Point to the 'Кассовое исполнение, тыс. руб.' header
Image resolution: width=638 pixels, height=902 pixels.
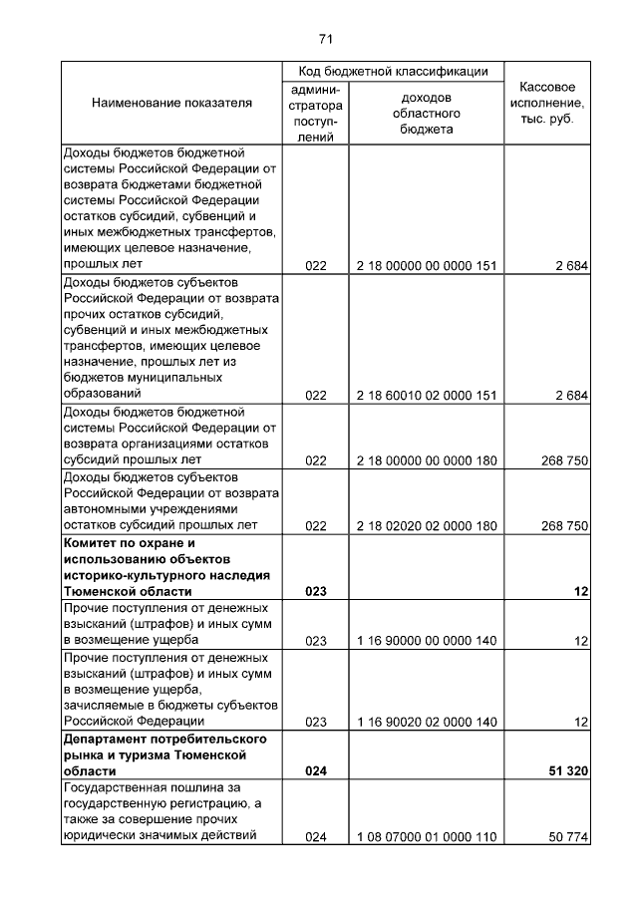pos(547,103)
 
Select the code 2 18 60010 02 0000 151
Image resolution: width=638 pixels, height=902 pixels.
pos(427,395)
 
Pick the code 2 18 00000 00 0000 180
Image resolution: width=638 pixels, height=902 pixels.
pos(427,459)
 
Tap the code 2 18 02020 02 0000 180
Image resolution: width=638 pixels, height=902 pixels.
pos(427,525)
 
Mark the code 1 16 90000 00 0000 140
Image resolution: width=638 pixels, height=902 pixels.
pos(427,640)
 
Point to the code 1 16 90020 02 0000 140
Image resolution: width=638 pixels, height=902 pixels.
pos(427,721)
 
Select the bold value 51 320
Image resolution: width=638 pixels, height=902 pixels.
pos(564,770)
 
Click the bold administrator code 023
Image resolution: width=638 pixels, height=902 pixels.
pos(316,590)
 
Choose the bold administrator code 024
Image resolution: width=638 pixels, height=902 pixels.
pos(316,770)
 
